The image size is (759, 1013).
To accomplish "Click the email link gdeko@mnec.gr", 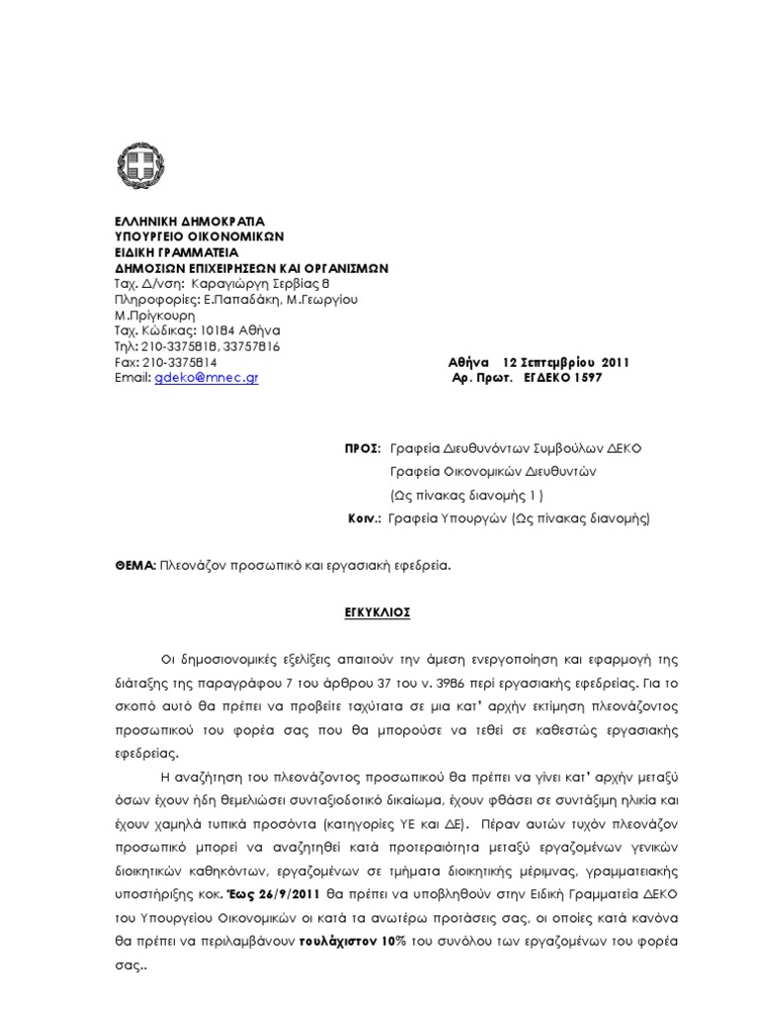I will (207, 378).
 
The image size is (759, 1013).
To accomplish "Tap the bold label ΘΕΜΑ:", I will (135, 563).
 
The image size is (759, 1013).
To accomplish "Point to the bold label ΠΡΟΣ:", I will (363, 448).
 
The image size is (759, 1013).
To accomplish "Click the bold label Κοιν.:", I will (365, 517).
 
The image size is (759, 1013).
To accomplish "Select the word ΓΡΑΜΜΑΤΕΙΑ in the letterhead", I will (196, 252).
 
